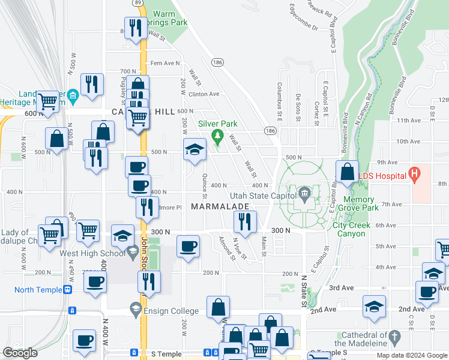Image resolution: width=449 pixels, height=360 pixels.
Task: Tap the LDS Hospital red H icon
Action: (413, 175)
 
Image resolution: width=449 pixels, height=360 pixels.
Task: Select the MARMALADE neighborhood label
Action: (220, 206)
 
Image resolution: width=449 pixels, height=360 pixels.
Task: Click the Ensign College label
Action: (170, 311)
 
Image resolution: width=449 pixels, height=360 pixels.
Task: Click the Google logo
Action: (20, 353)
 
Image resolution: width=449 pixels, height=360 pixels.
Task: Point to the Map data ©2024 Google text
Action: (411, 355)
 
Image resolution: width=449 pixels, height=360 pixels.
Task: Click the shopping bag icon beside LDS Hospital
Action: (348, 172)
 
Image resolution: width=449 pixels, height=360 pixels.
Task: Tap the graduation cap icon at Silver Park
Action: (194, 150)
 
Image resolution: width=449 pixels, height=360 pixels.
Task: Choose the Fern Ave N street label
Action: (165, 63)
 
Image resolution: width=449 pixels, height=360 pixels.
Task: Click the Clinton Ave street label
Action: (204, 94)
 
